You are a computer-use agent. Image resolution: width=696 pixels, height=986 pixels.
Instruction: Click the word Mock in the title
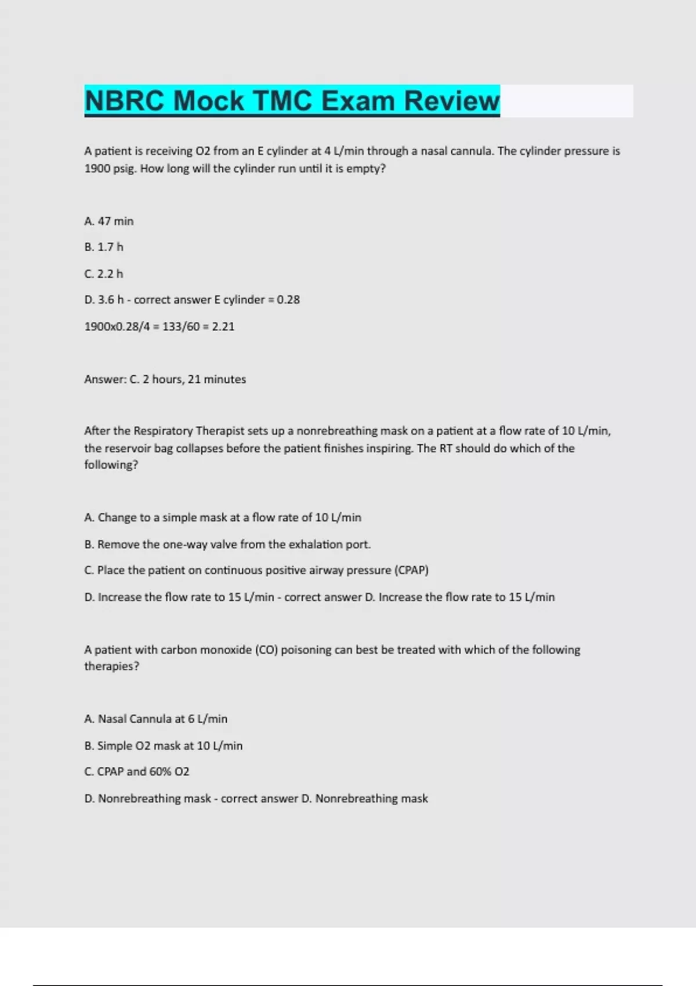(208, 101)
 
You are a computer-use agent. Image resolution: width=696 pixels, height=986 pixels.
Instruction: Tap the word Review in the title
(451, 101)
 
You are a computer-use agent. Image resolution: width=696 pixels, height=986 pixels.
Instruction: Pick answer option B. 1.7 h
(104, 247)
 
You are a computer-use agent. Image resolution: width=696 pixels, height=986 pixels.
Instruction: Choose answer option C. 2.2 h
(104, 274)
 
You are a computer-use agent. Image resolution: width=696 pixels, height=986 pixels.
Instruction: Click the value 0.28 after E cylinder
(288, 300)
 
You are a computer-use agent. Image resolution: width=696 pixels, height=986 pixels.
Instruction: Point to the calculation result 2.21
(223, 327)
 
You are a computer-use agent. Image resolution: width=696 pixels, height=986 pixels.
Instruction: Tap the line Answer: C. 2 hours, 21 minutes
(165, 379)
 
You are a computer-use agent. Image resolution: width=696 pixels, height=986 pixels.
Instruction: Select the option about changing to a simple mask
(223, 517)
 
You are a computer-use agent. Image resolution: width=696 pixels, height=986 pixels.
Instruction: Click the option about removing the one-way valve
(227, 545)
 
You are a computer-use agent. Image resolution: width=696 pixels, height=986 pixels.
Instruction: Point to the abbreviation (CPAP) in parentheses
(411, 570)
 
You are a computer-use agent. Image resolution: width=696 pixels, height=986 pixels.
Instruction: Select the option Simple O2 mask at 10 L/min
(163, 746)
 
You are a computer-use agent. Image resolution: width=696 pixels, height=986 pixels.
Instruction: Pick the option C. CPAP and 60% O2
(137, 772)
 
